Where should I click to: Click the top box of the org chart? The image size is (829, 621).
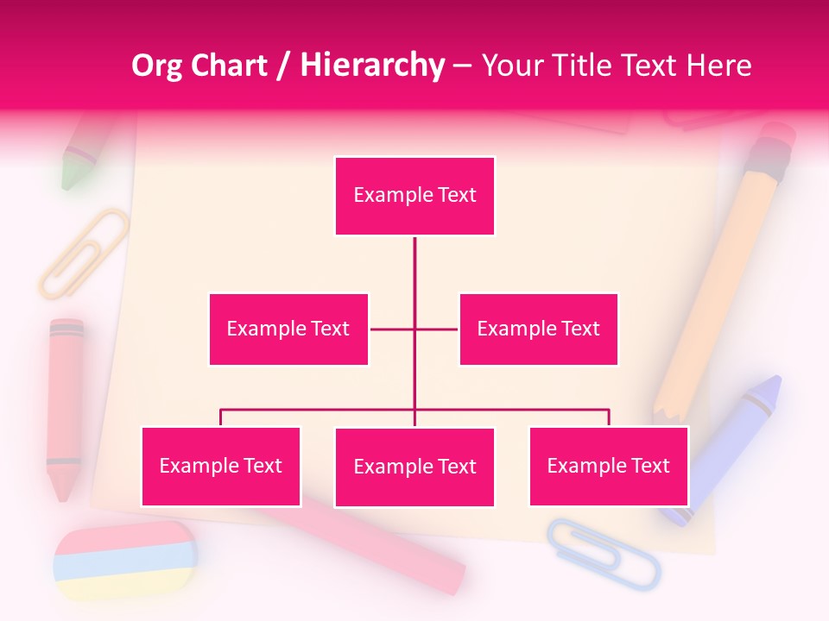click(x=414, y=196)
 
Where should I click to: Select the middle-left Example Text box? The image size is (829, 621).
click(x=288, y=329)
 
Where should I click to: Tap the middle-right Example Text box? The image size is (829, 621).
click(x=538, y=329)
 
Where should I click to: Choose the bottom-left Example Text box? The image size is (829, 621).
click(x=220, y=466)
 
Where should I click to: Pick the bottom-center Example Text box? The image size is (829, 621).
click(x=414, y=467)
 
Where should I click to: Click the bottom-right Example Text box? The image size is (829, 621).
click(x=608, y=466)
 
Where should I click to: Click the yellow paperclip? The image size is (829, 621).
click(x=83, y=253)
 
